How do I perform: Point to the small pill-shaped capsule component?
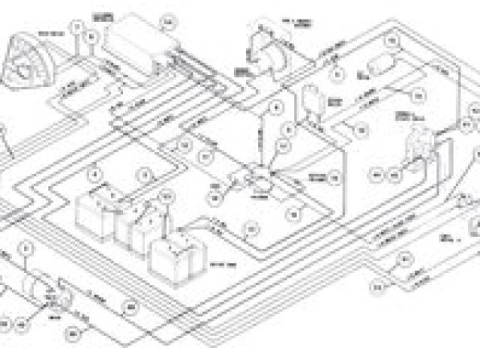coord(382,63)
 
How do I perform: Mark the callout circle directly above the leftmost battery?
coord(95,176)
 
